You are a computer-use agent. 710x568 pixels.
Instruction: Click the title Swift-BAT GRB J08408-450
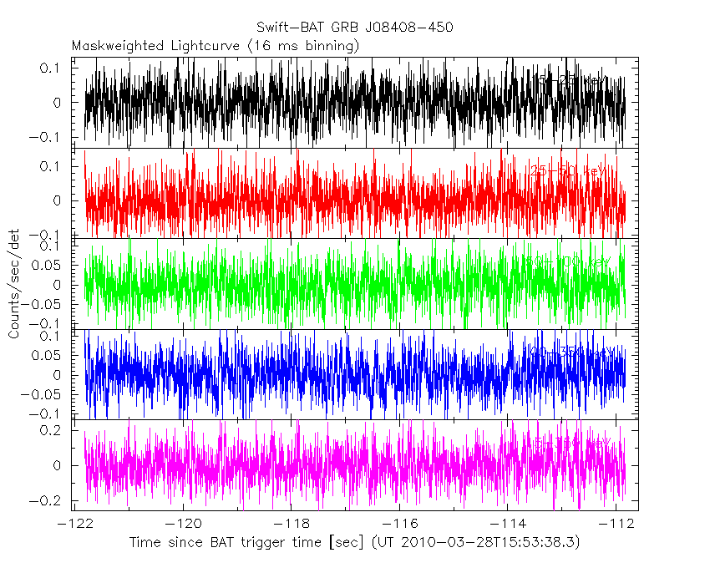355,28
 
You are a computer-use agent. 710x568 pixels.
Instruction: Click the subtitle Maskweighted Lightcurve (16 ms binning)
216,45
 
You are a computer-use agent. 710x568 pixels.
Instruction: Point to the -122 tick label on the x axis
75,523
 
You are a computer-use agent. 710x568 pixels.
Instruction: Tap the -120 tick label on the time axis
183,523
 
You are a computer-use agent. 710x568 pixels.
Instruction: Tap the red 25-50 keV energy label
567,171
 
